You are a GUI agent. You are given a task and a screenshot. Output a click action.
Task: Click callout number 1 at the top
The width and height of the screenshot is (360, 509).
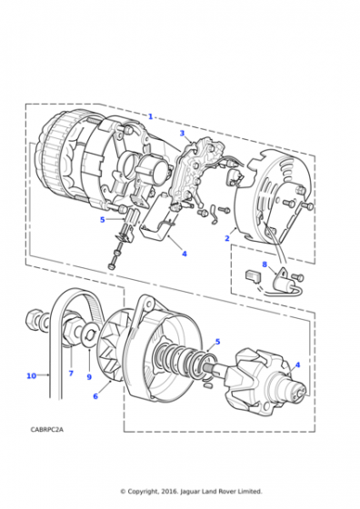(x=150, y=116)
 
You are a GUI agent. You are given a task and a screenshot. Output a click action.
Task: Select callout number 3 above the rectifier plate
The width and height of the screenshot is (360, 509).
(x=182, y=133)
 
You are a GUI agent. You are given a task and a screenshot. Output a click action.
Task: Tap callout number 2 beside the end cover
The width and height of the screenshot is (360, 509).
(x=227, y=238)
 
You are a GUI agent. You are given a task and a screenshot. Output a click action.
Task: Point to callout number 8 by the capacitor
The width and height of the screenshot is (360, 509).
(x=265, y=264)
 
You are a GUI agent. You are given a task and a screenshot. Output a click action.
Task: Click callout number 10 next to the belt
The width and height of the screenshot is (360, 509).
(x=31, y=375)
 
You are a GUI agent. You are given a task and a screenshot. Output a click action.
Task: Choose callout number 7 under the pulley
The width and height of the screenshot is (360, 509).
(x=71, y=374)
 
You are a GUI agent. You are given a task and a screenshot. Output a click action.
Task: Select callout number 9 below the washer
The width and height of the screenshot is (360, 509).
(x=89, y=377)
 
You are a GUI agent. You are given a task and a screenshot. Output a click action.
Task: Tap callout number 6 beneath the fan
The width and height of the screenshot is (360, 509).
(x=95, y=396)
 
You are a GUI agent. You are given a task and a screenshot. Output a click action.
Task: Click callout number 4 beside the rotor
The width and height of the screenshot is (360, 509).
(x=297, y=364)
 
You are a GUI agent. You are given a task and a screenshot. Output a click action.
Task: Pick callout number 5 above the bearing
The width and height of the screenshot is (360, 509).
(x=217, y=342)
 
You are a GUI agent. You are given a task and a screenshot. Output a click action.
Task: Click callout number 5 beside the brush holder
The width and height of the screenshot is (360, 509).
(x=103, y=220)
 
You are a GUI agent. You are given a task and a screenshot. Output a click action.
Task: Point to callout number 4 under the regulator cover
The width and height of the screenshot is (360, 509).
(x=185, y=254)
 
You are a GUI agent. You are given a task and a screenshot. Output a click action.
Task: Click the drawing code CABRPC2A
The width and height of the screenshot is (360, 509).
(x=47, y=429)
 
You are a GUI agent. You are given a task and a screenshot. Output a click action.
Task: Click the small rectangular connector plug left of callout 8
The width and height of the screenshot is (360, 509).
(x=253, y=276)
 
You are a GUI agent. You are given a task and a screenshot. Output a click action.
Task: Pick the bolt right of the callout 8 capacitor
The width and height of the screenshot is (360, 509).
(x=297, y=277)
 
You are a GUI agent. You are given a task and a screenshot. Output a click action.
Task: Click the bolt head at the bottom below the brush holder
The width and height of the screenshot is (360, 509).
(x=111, y=265)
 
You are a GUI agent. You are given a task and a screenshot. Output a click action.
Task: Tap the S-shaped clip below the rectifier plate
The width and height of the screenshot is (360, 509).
(x=213, y=215)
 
